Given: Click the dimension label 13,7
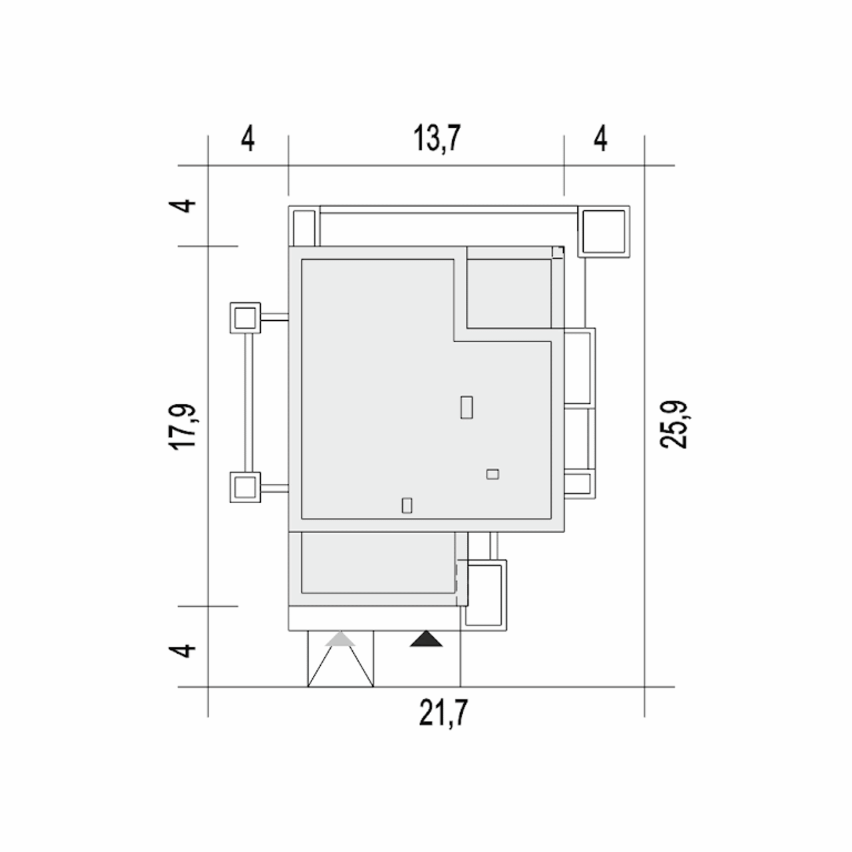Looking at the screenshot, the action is point(437,138).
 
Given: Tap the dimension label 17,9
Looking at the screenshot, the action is point(182,427).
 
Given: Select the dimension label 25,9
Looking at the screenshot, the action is point(674,425).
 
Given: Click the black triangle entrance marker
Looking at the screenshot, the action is point(426,639).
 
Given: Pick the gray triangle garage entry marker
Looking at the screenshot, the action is point(339,639).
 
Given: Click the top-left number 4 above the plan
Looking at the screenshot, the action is point(248,138).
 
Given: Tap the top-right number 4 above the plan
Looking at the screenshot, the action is point(600,138).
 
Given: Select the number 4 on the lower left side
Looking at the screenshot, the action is point(182,650).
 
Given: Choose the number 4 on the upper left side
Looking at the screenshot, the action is point(182,206).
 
